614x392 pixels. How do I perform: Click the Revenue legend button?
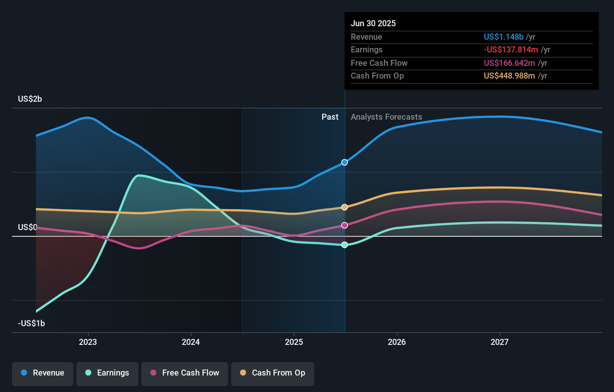coord(43,373)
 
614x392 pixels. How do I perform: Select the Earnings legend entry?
coord(107,373)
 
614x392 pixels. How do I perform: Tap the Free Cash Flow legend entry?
coord(185,373)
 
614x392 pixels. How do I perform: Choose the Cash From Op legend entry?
coord(273,373)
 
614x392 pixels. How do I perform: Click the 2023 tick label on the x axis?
coord(88,342)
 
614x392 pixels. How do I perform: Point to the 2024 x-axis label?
coord(191,342)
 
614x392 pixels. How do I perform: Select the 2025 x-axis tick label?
coord(294,342)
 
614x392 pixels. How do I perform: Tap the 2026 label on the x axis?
coord(397,342)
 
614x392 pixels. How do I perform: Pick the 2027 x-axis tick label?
coord(500,342)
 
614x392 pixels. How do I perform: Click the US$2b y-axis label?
coord(30,99)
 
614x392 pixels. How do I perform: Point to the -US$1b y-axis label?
coord(31,323)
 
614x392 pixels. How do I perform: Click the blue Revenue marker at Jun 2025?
coord(345,162)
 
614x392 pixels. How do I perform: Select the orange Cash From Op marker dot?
coord(345,207)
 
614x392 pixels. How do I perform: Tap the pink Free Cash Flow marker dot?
coord(345,225)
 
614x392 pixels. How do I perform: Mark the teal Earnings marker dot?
coord(345,245)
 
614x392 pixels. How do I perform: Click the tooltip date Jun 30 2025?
coord(373,23)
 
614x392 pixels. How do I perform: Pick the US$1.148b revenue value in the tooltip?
coord(503,37)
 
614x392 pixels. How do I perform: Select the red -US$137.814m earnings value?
coord(511,49)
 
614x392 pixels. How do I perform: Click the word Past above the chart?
coord(330,117)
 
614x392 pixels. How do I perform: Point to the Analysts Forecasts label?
coord(386,117)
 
